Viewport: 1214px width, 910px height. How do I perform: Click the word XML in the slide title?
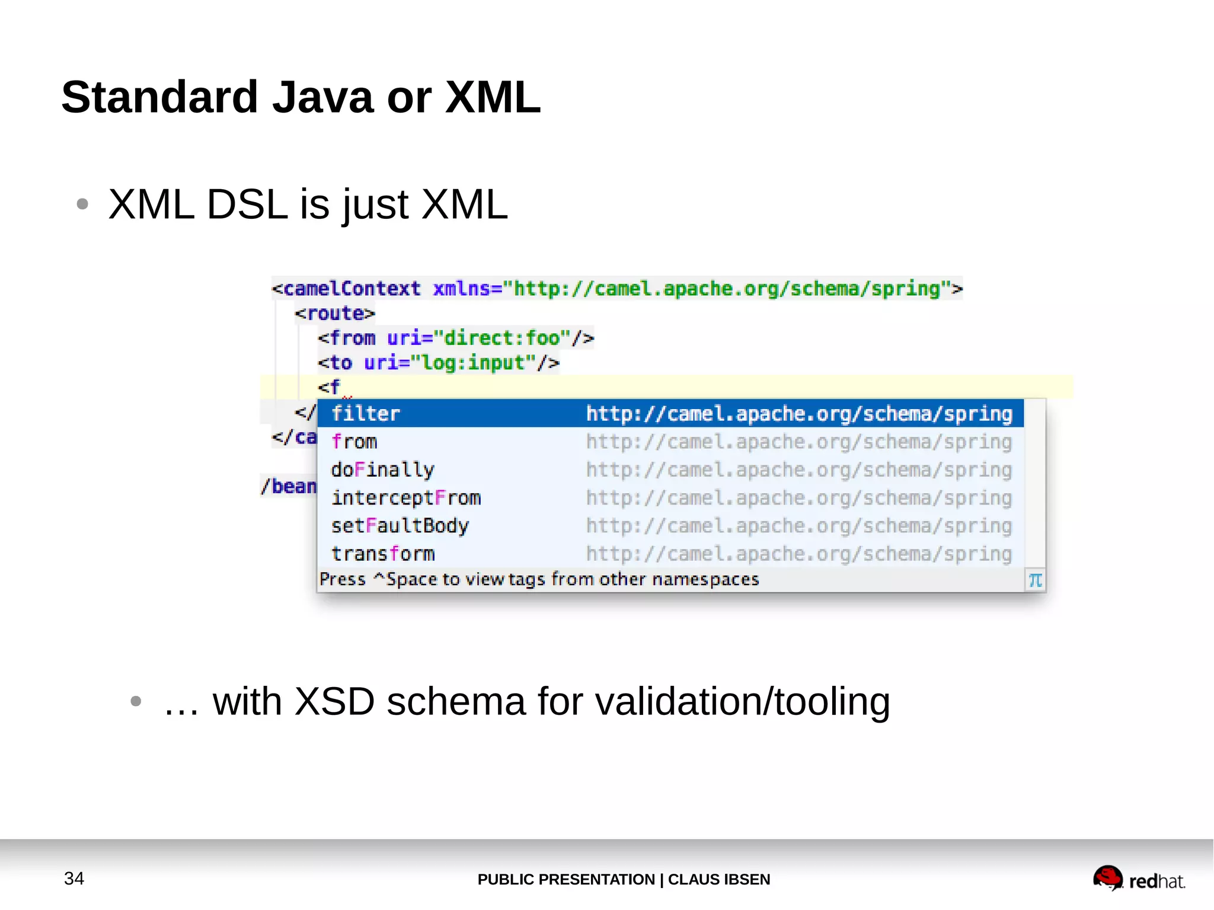[493, 97]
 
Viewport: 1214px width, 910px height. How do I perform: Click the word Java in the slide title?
[322, 97]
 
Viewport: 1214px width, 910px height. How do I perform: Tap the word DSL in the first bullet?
[247, 205]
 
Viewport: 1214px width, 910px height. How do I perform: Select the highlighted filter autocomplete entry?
[365, 413]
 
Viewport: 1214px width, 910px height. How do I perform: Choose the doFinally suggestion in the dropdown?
[382, 470]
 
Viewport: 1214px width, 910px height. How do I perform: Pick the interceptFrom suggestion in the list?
[406, 497]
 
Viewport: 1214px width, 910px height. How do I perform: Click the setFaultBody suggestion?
[400, 526]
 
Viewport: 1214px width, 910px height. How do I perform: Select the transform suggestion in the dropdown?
[383, 554]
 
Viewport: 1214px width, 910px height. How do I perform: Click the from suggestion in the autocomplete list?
[354, 442]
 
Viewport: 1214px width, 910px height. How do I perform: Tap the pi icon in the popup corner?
[1035, 580]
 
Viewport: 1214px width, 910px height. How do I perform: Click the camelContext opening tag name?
[352, 289]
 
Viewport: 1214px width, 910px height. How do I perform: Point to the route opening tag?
[335, 313]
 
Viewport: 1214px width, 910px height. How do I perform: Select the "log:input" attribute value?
[473, 362]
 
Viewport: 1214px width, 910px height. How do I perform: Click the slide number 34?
[74, 878]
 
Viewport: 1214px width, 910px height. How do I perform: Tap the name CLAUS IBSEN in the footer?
[719, 879]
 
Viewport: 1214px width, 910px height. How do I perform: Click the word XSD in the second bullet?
[334, 701]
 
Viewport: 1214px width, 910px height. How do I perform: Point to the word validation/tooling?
[742, 701]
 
